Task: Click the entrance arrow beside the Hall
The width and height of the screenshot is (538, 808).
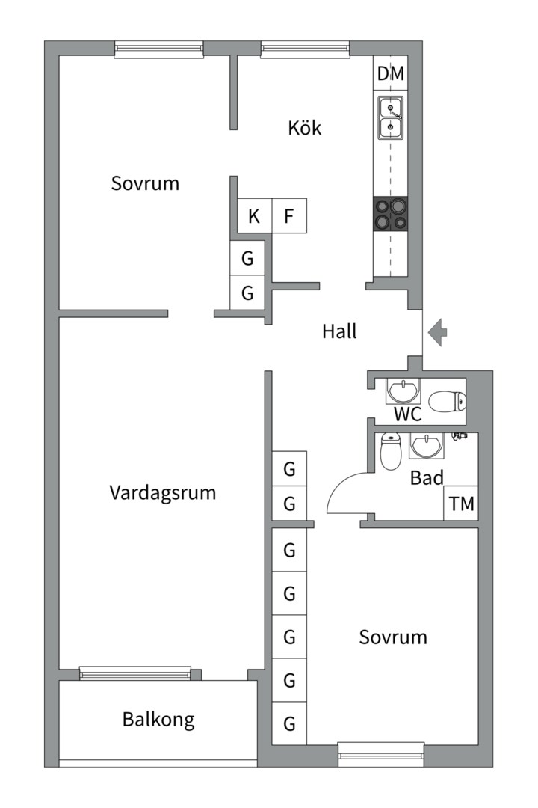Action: point(437,332)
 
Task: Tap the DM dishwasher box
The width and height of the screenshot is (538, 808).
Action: point(390,73)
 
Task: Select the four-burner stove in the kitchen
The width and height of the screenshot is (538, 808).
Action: point(391,215)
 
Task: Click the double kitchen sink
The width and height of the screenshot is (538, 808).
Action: point(391,117)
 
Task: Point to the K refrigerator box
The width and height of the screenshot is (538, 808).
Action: point(254,216)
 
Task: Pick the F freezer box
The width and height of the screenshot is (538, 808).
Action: point(289,216)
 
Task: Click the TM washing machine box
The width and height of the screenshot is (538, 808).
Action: point(461,503)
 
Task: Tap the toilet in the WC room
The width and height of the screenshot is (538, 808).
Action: point(447,402)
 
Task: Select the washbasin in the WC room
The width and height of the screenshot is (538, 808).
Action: point(403,391)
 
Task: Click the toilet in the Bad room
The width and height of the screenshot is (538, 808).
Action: point(390,451)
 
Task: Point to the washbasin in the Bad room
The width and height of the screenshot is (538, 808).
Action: point(426,446)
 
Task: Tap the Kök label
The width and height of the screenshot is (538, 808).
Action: point(304,127)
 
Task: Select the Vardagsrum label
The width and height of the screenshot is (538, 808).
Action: point(163,492)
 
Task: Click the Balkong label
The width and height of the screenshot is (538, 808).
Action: point(158,720)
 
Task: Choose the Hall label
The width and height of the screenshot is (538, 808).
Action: point(339,331)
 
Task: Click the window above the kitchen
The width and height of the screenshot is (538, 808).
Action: point(306,49)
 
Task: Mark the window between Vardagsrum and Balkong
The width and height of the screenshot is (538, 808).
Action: point(135,673)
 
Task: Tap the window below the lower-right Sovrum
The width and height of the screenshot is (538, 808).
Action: point(381,755)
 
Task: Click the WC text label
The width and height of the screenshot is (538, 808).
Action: point(407,414)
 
